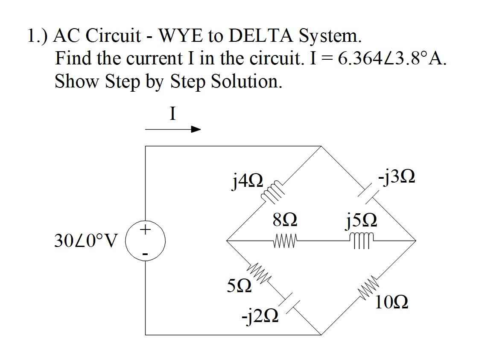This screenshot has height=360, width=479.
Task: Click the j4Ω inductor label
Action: tap(246, 182)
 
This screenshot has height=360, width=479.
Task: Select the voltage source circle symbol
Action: tap(145, 241)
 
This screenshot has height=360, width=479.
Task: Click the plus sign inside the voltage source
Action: tap(145, 230)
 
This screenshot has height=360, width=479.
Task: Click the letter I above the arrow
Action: tap(172, 114)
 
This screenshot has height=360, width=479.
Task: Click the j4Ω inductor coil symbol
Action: tap(272, 191)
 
